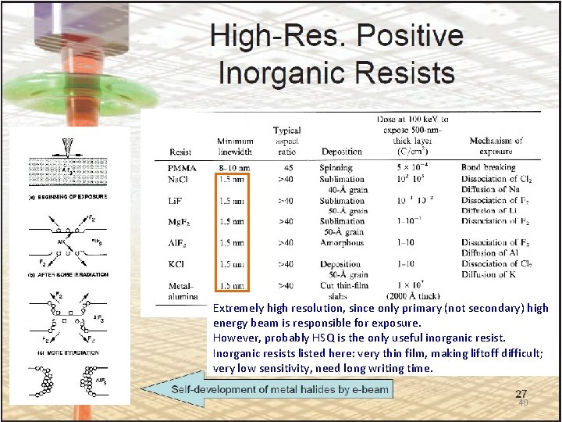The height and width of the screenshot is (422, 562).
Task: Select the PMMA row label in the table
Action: pos(183,167)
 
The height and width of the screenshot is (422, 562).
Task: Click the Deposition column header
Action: pos(341,152)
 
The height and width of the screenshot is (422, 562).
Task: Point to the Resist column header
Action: pos(180,152)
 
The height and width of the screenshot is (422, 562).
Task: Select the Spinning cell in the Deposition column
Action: pos(336,167)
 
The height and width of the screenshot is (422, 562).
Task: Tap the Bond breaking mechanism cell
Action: pos(488,167)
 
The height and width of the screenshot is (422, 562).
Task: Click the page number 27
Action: pos(521,394)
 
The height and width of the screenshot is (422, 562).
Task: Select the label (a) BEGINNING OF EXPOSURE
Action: pos(68,196)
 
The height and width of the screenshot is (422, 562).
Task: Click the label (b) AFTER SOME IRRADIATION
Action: pos(68,275)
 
